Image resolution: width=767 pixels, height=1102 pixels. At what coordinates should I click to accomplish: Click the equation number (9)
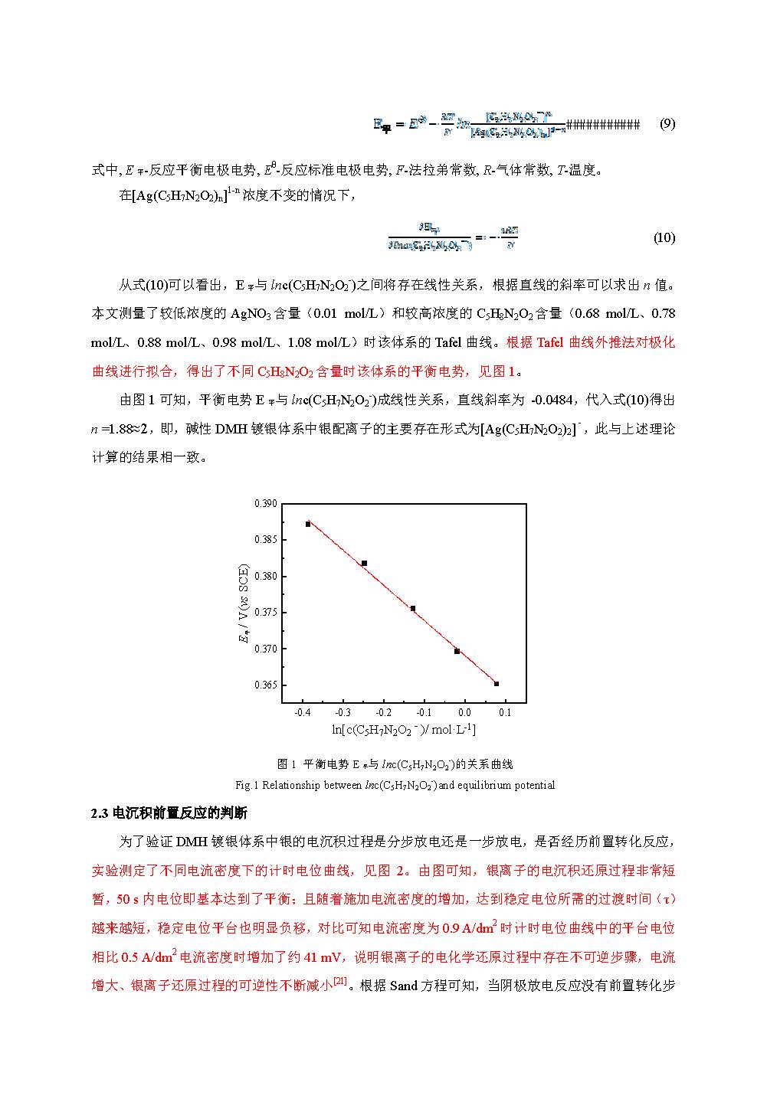667,123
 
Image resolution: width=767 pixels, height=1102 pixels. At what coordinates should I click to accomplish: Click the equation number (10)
664,237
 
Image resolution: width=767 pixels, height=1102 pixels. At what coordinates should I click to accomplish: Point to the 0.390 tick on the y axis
265,504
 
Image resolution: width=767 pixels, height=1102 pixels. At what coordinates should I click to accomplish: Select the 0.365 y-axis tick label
265,685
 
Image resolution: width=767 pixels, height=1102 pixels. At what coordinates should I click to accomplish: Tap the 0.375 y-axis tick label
265,613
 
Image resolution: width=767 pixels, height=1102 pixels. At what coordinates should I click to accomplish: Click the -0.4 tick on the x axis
303,712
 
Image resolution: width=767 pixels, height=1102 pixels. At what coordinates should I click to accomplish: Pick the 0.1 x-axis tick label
505,712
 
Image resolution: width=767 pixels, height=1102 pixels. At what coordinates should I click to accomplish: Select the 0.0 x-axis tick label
464,712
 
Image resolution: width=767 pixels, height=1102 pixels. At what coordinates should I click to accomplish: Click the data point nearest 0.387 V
308,524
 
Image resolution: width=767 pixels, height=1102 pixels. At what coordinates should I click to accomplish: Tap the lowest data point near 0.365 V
497,684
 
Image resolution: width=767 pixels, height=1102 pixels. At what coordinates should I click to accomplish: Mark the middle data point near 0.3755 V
413,609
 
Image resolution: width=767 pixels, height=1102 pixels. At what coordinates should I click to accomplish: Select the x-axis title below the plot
404,730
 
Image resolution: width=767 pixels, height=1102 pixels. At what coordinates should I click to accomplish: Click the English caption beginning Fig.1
395,785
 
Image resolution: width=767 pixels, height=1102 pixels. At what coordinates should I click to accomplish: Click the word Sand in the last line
404,986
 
